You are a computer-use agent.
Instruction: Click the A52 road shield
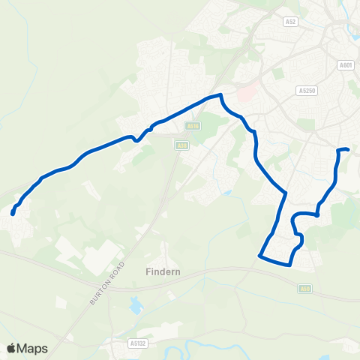[291, 23]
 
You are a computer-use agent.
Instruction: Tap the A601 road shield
[346, 65]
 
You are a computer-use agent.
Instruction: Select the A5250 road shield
[305, 90]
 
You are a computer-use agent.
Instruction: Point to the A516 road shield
[193, 127]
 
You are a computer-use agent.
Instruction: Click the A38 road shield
[181, 145]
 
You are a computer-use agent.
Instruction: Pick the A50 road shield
[304, 287]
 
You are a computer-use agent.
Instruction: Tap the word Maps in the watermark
[33, 348]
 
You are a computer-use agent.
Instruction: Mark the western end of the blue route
[13, 214]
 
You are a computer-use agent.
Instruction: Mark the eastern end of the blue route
[349, 150]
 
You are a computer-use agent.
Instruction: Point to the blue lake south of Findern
[136, 305]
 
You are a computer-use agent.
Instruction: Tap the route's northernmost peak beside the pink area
[220, 95]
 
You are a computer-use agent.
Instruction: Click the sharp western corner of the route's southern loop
[260, 256]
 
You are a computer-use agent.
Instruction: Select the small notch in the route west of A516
[136, 139]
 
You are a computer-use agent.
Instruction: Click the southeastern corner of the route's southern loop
[289, 265]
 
